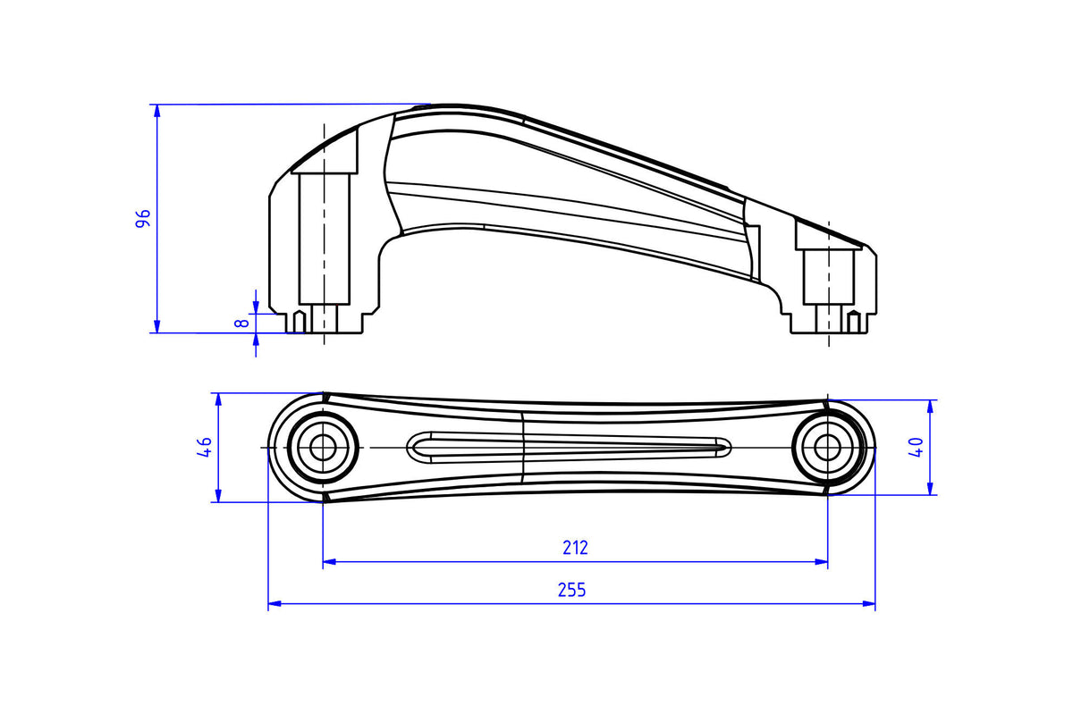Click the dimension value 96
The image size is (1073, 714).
coord(143,218)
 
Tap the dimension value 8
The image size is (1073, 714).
coord(242,323)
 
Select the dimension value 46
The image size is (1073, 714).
coord(205,447)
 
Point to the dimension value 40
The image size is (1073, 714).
coord(916,448)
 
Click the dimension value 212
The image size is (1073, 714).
coord(575,548)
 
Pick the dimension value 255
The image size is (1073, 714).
coord(572,590)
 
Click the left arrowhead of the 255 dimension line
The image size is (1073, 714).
coord(275,604)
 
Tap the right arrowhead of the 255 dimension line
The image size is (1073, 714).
coord(868,604)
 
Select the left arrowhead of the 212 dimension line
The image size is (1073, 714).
coord(330,562)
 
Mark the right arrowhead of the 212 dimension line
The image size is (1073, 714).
coord(821,562)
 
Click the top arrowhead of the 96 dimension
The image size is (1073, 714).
coord(156,111)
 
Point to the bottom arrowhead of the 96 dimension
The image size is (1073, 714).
coord(156,326)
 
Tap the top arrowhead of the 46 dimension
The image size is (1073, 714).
coord(218,399)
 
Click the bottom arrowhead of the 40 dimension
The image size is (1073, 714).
coord(930,489)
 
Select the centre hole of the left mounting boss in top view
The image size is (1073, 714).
coord(323,448)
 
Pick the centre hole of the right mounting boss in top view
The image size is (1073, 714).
coord(827,448)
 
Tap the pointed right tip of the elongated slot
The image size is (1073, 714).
coord(730,449)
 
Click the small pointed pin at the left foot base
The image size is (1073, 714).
coord(299,322)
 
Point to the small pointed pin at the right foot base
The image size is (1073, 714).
coord(853,322)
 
